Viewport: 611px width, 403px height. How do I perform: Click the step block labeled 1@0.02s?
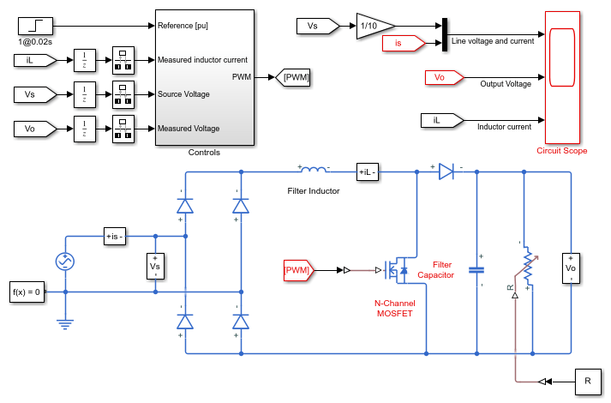point(35,26)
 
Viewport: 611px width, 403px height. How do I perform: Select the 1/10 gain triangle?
point(374,26)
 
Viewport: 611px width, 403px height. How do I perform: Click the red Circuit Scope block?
point(562,77)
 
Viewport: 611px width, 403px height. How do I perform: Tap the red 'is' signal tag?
point(404,43)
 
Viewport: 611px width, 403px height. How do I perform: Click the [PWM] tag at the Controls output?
point(293,77)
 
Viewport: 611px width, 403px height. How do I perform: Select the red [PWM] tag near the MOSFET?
point(299,270)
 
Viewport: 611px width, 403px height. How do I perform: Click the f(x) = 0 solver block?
point(27,292)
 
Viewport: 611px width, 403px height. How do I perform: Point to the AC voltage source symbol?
point(65,262)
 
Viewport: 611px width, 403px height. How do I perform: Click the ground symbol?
point(65,324)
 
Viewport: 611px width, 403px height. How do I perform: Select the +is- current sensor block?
point(115,236)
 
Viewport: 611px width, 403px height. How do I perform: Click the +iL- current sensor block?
point(368,171)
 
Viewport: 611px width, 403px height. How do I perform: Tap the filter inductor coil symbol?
point(314,169)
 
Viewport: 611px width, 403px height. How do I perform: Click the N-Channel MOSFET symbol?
point(396,270)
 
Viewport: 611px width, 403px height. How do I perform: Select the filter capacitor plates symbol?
point(476,270)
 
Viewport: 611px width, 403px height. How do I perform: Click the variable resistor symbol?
point(528,266)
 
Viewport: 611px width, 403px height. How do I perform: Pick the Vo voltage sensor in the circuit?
point(571,268)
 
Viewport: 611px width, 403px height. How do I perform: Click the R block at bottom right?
point(588,382)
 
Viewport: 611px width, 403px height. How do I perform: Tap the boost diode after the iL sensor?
point(446,171)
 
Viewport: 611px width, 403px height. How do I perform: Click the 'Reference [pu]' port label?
point(183,26)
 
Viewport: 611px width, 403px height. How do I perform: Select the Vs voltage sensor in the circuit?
point(155,266)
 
